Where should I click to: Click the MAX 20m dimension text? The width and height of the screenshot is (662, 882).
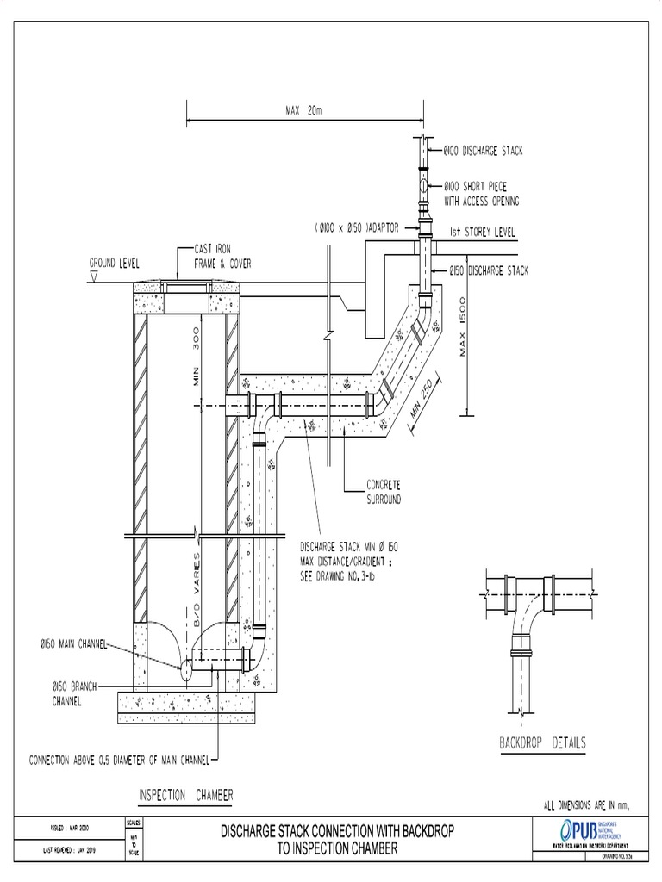point(303,109)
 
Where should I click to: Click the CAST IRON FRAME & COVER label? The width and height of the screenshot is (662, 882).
point(210,255)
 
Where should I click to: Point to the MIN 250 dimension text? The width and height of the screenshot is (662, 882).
point(426,400)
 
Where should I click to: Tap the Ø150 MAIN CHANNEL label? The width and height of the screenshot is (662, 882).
point(74,643)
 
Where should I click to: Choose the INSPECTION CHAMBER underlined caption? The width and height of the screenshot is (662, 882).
point(185,793)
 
